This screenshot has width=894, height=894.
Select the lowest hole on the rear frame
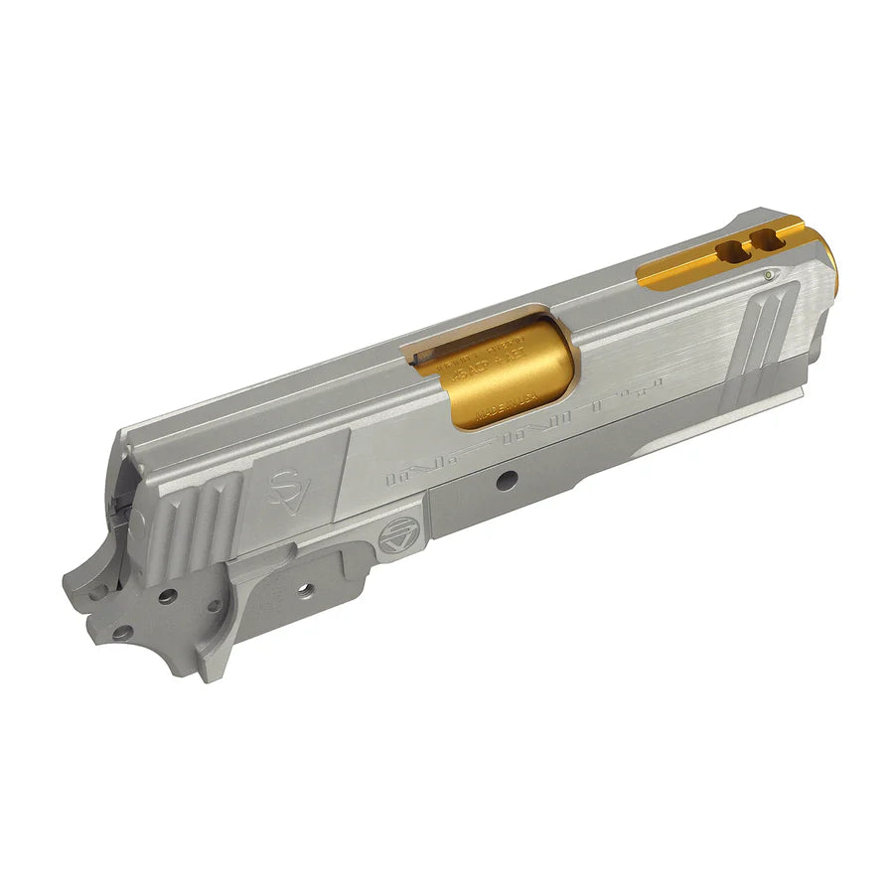pos(120,632)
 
